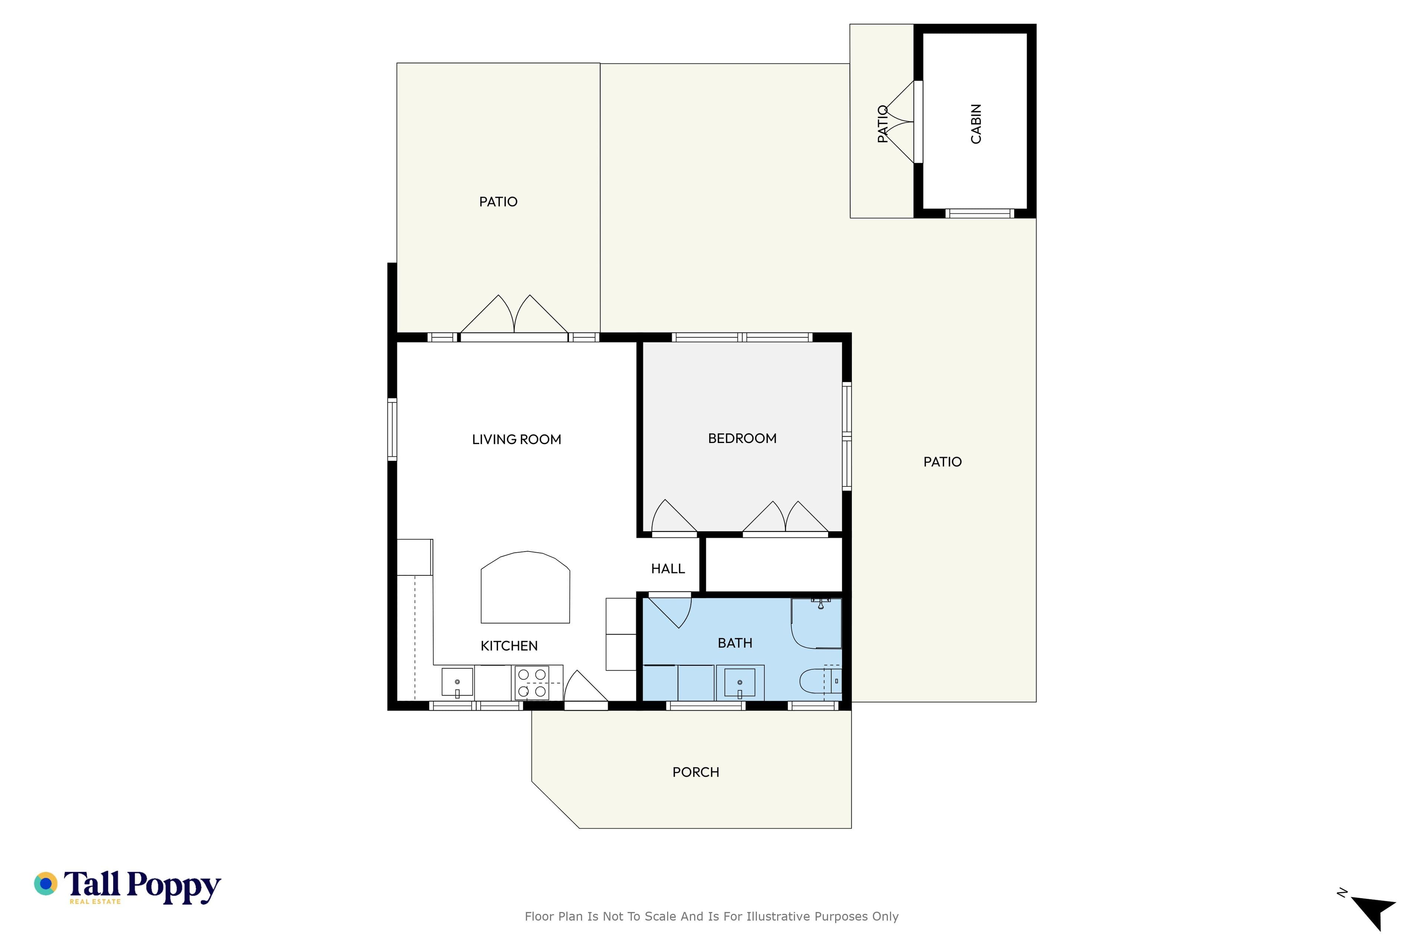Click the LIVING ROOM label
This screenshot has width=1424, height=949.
tap(517, 439)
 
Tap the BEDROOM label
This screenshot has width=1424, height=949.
tap(742, 438)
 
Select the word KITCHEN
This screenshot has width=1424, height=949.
tap(509, 646)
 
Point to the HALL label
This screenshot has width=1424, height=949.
tap(668, 568)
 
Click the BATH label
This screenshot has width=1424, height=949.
tap(735, 643)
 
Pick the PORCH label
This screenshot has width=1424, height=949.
tap(696, 772)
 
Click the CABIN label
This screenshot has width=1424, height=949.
tap(976, 124)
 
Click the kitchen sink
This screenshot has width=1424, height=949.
tap(457, 682)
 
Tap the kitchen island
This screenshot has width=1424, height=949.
tap(525, 587)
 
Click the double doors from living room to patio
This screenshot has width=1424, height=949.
tap(514, 315)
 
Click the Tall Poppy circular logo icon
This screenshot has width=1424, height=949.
tap(45, 884)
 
